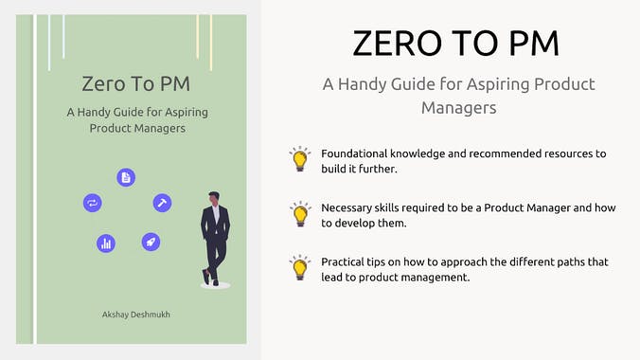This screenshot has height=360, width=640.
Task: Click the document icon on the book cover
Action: click(x=126, y=177)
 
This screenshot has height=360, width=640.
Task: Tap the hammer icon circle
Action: click(x=162, y=203)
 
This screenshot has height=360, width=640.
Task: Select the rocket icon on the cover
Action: click(x=151, y=242)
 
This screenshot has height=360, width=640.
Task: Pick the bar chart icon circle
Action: click(x=106, y=243)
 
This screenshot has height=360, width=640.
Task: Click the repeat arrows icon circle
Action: click(x=93, y=203)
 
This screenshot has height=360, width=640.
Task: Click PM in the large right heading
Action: click(x=530, y=44)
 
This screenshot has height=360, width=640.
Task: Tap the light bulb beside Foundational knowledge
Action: click(x=300, y=159)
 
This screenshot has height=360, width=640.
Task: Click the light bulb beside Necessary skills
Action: click(x=300, y=212)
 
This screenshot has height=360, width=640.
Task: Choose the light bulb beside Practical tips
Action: click(x=300, y=266)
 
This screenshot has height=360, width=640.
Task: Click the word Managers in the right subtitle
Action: click(x=458, y=108)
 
